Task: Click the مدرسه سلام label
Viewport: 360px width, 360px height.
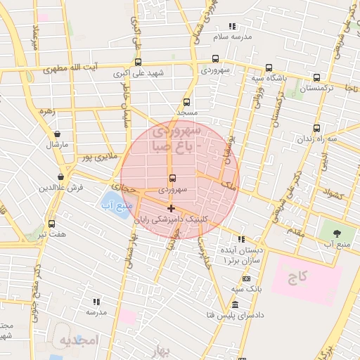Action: pos(233,35)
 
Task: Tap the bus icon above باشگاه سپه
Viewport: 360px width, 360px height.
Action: pos(269,68)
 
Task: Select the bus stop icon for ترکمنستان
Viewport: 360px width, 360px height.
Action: pos(316,78)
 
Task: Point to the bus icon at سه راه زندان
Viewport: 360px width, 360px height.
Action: pos(316,129)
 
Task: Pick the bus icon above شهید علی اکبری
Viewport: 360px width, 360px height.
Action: pos(138,62)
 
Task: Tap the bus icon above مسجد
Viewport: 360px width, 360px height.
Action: pos(186,102)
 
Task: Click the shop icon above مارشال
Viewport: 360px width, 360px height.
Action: pos(57,134)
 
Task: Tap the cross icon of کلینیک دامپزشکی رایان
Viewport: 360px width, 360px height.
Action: pos(171,207)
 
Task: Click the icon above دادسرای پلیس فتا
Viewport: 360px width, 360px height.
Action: pos(234,305)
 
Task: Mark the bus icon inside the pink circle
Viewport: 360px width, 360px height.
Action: pos(173,178)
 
